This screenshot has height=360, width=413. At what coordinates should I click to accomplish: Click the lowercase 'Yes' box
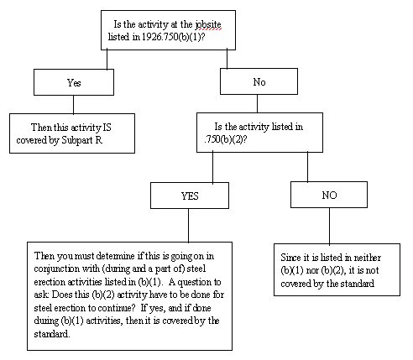click(73, 82)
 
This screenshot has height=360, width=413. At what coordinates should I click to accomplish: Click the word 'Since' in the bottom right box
click(293, 257)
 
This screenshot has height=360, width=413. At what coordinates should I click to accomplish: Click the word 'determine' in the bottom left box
click(118, 254)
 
